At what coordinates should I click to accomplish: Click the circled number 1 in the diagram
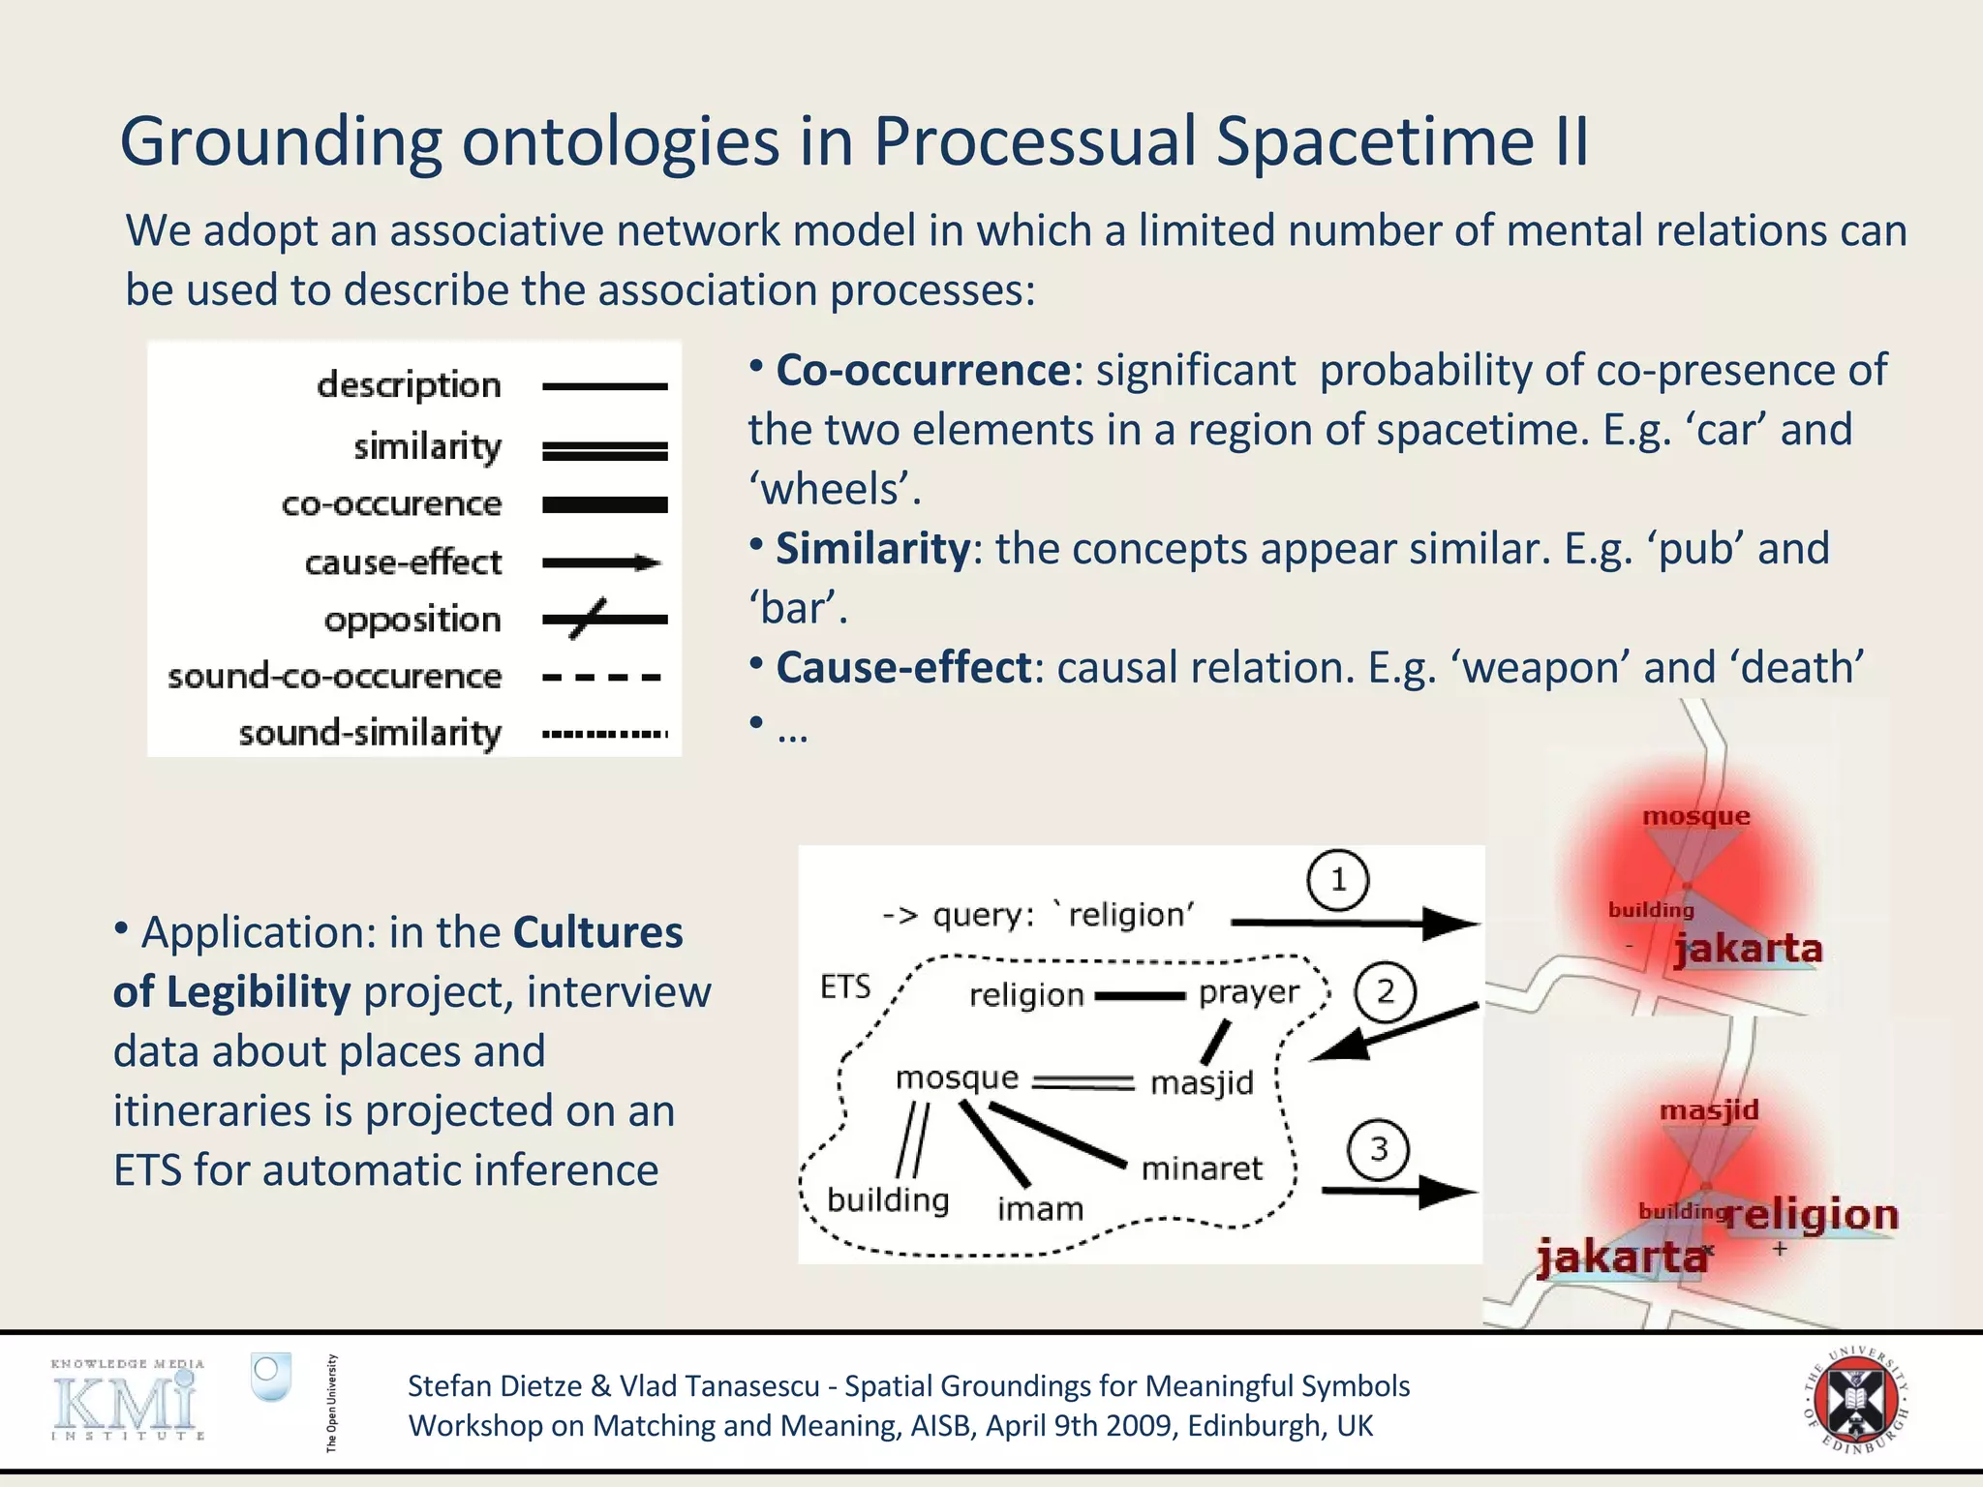1337,880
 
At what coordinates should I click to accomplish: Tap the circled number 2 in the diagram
1385,992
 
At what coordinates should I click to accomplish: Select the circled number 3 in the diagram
1379,1149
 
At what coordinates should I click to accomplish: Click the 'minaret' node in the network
1202,1168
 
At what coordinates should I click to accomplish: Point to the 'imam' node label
1040,1208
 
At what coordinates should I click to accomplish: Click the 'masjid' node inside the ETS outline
1202,1082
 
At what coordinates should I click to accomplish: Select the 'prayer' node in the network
1249,992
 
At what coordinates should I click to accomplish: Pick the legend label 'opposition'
412,620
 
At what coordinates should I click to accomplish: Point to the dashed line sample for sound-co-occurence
602,678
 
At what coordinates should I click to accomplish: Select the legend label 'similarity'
427,446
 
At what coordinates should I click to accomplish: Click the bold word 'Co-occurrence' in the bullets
923,370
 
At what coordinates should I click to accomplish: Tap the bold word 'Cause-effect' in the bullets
903,668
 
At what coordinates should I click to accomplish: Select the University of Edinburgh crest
1855,1399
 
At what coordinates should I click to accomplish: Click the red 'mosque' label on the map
1696,816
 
